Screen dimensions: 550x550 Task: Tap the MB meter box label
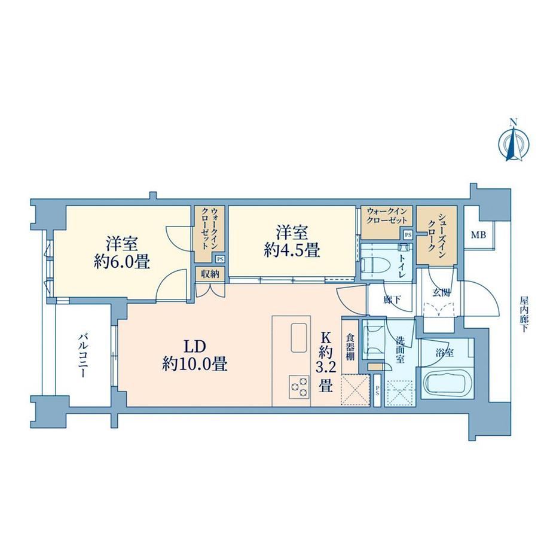(478, 235)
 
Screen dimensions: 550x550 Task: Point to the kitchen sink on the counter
(299, 337)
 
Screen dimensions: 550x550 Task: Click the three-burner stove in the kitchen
(299, 387)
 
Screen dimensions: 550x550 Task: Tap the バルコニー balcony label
(82, 356)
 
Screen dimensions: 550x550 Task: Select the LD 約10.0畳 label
(195, 356)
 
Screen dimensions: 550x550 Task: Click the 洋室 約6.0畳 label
(122, 252)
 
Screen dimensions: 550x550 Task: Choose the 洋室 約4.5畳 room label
(292, 242)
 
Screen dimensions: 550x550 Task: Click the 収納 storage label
(210, 274)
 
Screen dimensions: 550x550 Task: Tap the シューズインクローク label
(436, 235)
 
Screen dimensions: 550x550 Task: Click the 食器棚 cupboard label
(350, 347)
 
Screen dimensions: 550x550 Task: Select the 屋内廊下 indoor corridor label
(524, 314)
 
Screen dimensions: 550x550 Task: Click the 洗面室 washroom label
(400, 350)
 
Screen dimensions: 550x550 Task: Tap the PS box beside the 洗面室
(377, 391)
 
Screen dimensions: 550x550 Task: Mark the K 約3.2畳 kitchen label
(326, 362)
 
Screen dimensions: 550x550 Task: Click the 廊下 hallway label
(392, 300)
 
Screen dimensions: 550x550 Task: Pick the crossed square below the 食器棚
(356, 389)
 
